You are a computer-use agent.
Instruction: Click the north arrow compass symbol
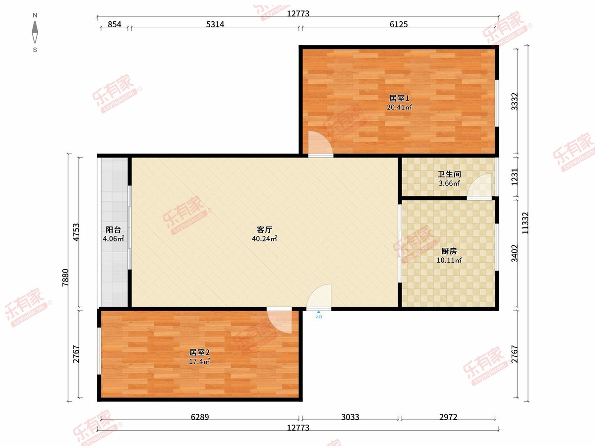[x=35, y=32]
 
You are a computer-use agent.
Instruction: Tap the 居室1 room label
[x=399, y=98]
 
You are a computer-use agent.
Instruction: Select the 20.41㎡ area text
[x=399, y=107]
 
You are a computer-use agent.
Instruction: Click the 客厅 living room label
[x=265, y=229]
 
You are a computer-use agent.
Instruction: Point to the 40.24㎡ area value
[x=265, y=238]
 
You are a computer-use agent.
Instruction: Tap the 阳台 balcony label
[x=114, y=229]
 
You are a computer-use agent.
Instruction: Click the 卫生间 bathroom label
[x=449, y=174]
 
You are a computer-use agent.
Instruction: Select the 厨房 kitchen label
[x=449, y=251]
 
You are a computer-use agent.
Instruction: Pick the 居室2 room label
[x=199, y=352]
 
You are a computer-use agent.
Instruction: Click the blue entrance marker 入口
[x=319, y=315]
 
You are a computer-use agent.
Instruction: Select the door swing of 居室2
[x=279, y=321]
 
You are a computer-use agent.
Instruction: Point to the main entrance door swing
[x=319, y=296]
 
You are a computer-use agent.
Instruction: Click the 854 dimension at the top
[x=115, y=24]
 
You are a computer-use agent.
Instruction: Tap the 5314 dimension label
[x=215, y=24]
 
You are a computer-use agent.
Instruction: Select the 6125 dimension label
[x=399, y=24]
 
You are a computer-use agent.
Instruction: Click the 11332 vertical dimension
[x=525, y=223]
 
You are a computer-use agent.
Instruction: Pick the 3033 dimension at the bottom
[x=350, y=417]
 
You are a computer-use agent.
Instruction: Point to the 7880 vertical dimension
[x=65, y=278]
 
